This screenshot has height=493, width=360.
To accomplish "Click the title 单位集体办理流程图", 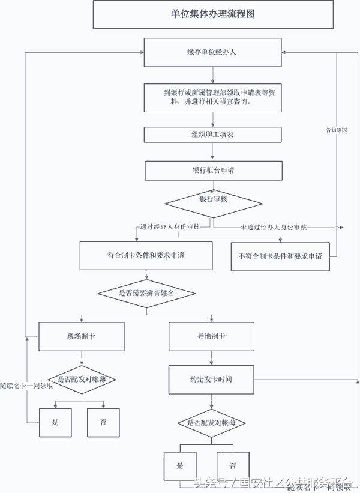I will pyautogui.click(x=213, y=14).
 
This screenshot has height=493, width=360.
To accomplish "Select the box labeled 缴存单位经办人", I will pyautogui.click(x=212, y=52).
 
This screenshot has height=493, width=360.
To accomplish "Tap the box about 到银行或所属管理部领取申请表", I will pyautogui.click(x=212, y=98).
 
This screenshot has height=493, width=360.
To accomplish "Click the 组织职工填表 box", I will pyautogui.click(x=212, y=135).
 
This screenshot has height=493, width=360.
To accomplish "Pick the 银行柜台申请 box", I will pyautogui.click(x=212, y=171).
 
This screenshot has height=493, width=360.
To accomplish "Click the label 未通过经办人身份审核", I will pyautogui.click(x=273, y=227).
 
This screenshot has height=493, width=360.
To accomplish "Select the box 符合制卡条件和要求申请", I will pyautogui.click(x=146, y=256).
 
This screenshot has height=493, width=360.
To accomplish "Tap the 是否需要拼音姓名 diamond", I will pyautogui.click(x=146, y=293).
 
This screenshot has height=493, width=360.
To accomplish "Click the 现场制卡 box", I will pyautogui.click(x=82, y=337).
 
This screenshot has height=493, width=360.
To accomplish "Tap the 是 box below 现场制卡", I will pyautogui.click(x=56, y=422).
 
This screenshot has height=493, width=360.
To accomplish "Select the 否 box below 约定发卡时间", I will pyautogui.click(x=232, y=465).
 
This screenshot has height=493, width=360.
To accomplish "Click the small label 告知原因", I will pyautogui.click(x=337, y=130).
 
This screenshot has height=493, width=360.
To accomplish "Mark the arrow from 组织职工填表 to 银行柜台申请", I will pyautogui.click(x=212, y=153).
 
